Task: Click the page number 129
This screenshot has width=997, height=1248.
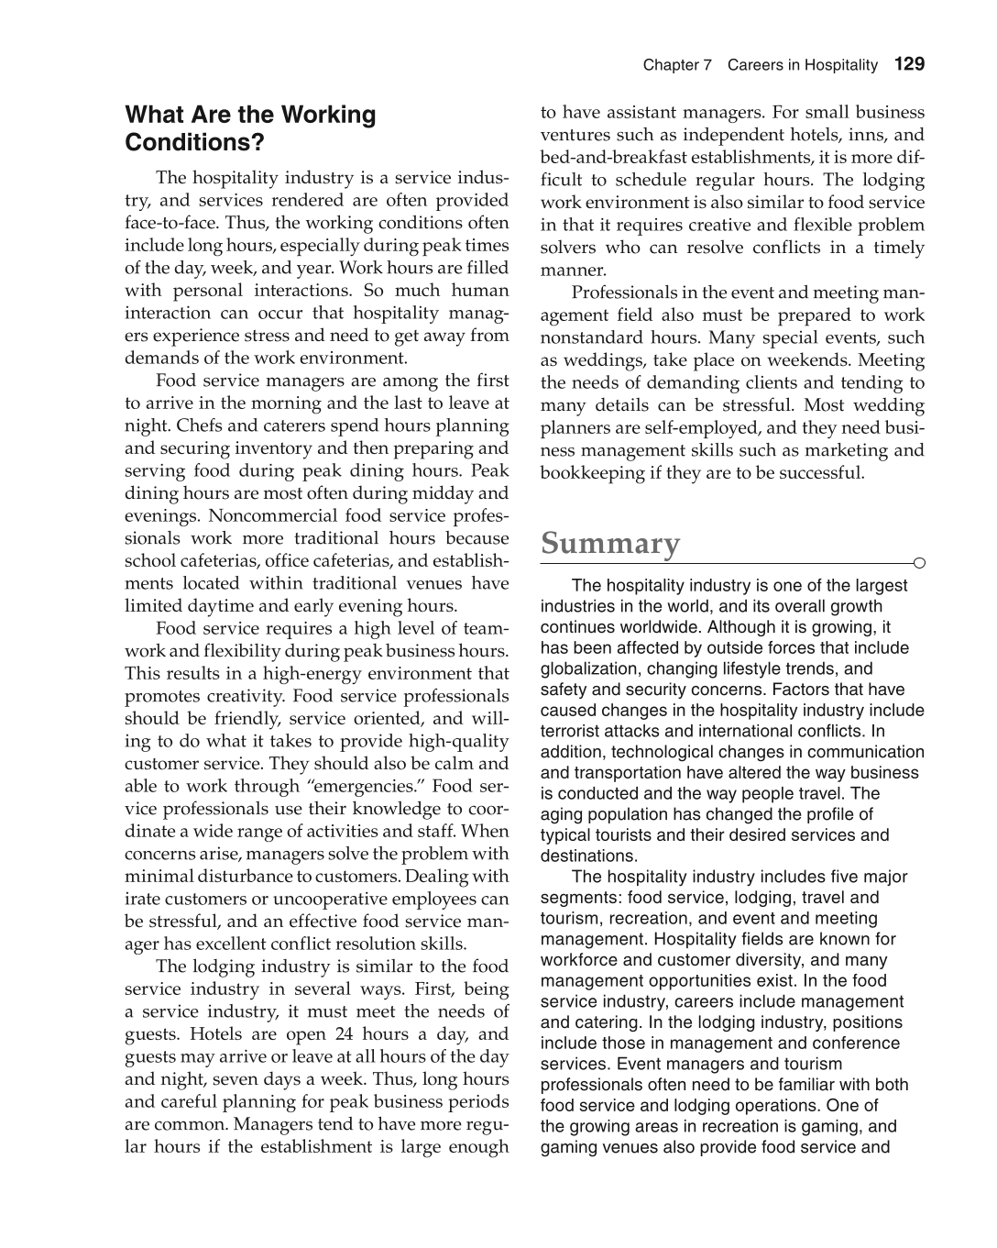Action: [909, 64]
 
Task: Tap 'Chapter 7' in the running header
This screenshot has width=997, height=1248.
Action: [676, 65]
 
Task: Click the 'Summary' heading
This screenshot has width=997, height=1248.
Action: [610, 543]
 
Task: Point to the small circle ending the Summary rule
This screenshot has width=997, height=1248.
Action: [919, 563]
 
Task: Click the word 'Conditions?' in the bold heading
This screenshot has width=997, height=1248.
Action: [194, 143]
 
